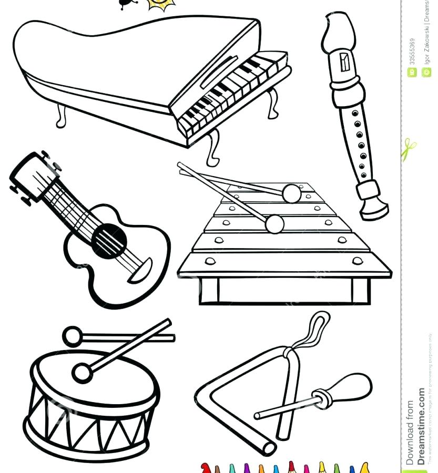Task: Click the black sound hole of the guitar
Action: [x=109, y=241]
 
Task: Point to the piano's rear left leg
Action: [x=62, y=116]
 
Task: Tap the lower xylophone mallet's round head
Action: [x=274, y=224]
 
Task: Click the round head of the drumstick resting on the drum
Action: [x=82, y=373]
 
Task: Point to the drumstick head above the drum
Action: [x=72, y=335]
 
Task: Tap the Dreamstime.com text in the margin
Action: [x=421, y=426]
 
